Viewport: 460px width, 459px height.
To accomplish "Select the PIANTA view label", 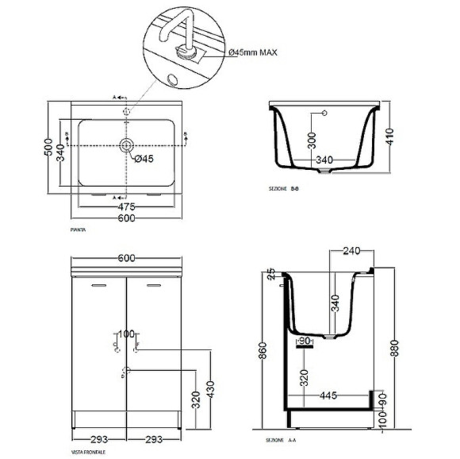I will tap(79, 229).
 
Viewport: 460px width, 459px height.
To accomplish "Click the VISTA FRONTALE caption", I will tap(87, 451).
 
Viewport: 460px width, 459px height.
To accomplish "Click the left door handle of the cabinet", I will tap(99, 283).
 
